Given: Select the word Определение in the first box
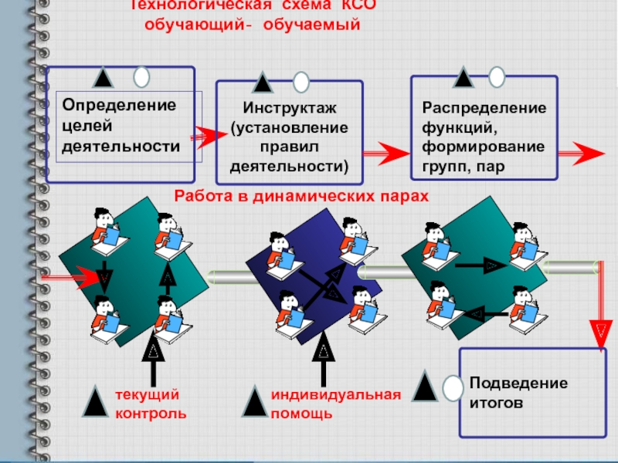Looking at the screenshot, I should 119,104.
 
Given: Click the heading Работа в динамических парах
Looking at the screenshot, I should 301,196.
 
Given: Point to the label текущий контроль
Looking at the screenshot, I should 151,404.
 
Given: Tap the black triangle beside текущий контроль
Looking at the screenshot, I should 96,401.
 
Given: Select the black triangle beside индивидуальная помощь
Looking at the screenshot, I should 255,401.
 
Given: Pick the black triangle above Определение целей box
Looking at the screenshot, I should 104,78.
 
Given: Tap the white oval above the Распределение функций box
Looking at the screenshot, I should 497,76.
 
